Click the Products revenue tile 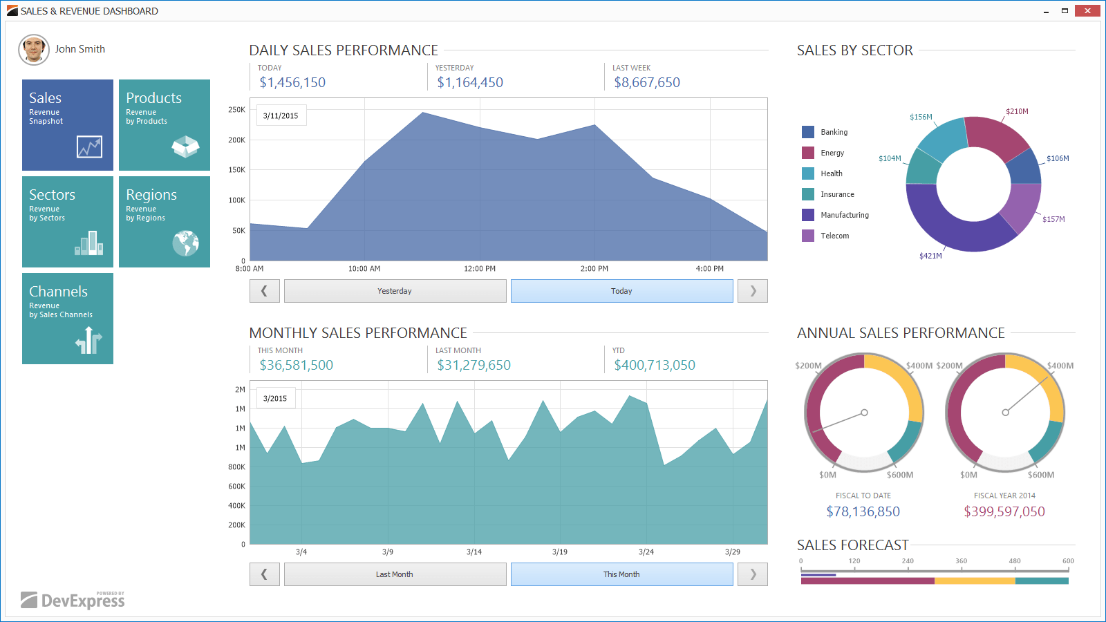tap(165, 125)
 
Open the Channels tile tap(68, 319)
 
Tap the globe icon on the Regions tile tap(186, 243)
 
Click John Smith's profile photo tap(34, 49)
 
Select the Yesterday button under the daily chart tap(395, 291)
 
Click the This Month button tap(621, 574)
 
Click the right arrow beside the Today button tap(753, 291)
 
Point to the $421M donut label tap(930, 256)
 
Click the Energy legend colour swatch tap(808, 153)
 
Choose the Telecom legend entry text tap(834, 236)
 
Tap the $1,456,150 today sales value tap(292, 82)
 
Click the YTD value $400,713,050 tap(654, 365)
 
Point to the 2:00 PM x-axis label tap(594, 269)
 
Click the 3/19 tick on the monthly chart tap(559, 552)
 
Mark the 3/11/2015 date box tap(281, 115)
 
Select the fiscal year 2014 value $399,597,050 tap(1004, 511)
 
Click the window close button tap(1087, 10)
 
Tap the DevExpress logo tap(73, 600)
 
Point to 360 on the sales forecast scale tap(961, 560)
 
